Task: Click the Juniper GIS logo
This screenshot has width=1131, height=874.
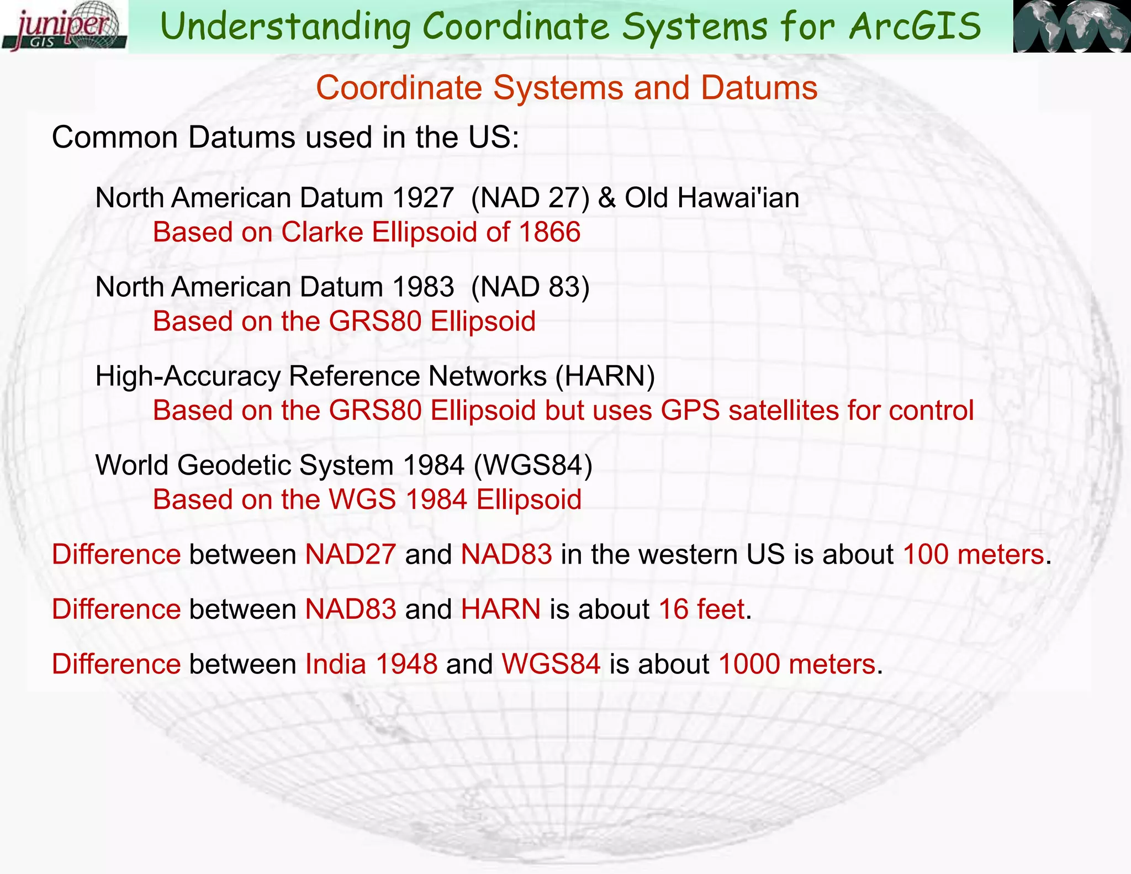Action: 64,27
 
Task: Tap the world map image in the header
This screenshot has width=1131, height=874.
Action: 1071,27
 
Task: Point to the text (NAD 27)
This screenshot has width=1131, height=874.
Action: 530,198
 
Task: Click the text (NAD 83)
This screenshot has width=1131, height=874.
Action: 530,287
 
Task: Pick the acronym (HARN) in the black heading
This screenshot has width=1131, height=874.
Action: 605,376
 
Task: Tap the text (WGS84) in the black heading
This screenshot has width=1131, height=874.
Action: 533,465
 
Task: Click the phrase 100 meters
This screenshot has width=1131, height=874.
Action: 973,554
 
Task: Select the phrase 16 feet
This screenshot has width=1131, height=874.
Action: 701,609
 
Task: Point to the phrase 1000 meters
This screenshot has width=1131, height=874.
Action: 796,664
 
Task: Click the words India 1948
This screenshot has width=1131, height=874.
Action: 371,664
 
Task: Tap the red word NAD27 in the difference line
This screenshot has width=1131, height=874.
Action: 351,554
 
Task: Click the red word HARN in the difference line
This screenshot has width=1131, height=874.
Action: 500,609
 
